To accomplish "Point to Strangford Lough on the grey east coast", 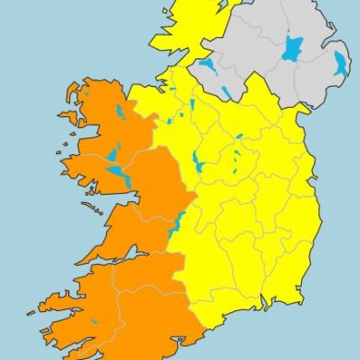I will click(342, 63).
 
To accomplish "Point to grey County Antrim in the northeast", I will click(318, 28).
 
